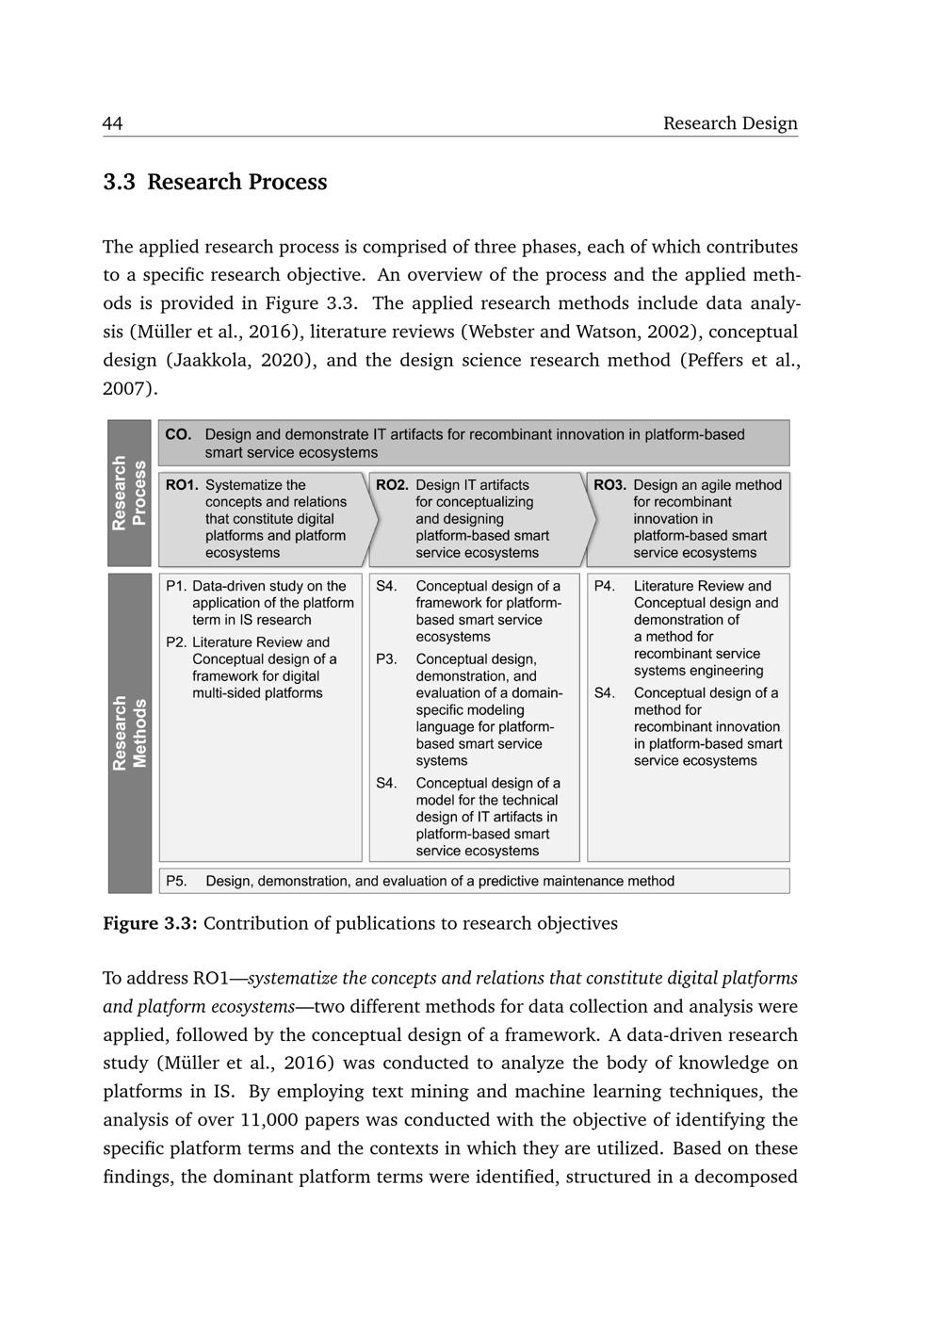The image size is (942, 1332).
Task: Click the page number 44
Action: (x=113, y=123)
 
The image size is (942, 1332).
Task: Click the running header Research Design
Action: (x=730, y=123)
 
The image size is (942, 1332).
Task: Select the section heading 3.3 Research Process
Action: (x=215, y=182)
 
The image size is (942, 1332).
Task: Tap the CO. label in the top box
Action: (x=178, y=434)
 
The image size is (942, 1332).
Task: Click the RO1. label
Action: (x=182, y=485)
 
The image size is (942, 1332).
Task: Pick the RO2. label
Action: (x=392, y=485)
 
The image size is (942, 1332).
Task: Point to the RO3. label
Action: (x=609, y=485)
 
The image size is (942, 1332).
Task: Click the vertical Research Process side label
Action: (x=129, y=493)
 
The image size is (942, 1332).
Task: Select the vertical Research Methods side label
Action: (x=129, y=733)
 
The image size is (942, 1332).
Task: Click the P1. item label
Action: (x=176, y=586)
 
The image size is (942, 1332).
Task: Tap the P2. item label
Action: (x=176, y=642)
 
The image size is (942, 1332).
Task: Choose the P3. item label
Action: (x=386, y=659)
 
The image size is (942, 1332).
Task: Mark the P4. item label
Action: (x=605, y=586)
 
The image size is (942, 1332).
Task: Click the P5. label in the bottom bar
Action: (x=176, y=881)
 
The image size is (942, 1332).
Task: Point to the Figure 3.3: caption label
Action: (x=150, y=923)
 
